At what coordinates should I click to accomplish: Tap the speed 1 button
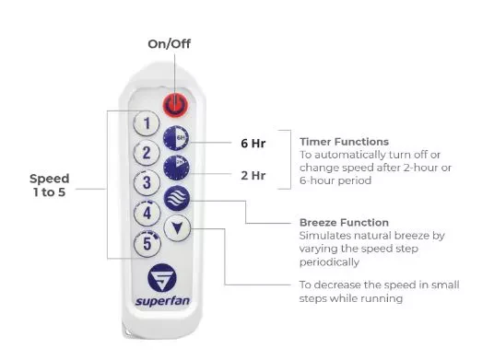147,123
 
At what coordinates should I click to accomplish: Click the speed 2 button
147,153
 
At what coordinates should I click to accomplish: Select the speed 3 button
147,182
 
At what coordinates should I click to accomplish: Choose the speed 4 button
147,213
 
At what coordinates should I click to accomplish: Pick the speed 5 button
147,244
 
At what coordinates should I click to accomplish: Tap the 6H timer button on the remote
176,138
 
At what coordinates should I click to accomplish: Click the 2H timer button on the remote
176,168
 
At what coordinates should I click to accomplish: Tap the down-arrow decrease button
177,228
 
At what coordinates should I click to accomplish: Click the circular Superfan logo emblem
162,278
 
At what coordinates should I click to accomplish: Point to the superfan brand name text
162,301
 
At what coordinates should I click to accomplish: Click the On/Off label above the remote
169,43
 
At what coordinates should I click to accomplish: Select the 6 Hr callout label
253,143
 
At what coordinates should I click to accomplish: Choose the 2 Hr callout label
253,175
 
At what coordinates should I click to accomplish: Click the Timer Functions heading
345,142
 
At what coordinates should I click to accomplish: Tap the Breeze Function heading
345,223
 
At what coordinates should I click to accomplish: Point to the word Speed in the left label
50,179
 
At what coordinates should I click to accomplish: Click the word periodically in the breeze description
329,262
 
